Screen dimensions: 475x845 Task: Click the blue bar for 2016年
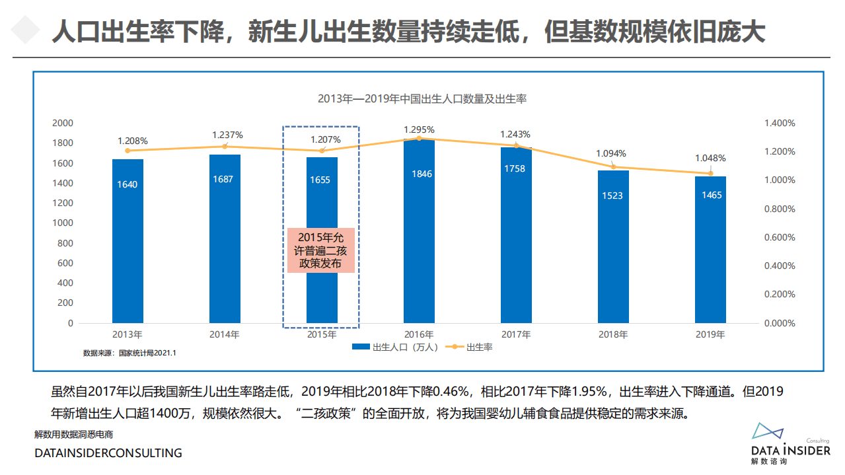tap(419, 231)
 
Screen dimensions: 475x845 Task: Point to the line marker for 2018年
tap(613, 166)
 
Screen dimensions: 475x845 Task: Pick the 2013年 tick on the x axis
tap(127, 334)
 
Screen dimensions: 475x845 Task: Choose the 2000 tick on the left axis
tap(63, 123)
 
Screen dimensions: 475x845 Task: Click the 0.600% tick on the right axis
tap(780, 237)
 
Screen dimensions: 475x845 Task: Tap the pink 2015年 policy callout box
tap(321, 250)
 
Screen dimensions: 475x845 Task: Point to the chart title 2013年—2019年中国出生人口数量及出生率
tap(422, 99)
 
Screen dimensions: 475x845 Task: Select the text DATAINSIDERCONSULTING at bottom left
tap(108, 453)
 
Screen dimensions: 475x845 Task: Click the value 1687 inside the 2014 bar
tap(224, 179)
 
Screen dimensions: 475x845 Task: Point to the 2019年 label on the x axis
tap(710, 334)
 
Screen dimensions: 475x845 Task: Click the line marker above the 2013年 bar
tap(128, 151)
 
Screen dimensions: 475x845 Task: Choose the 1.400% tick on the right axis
tap(780, 123)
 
